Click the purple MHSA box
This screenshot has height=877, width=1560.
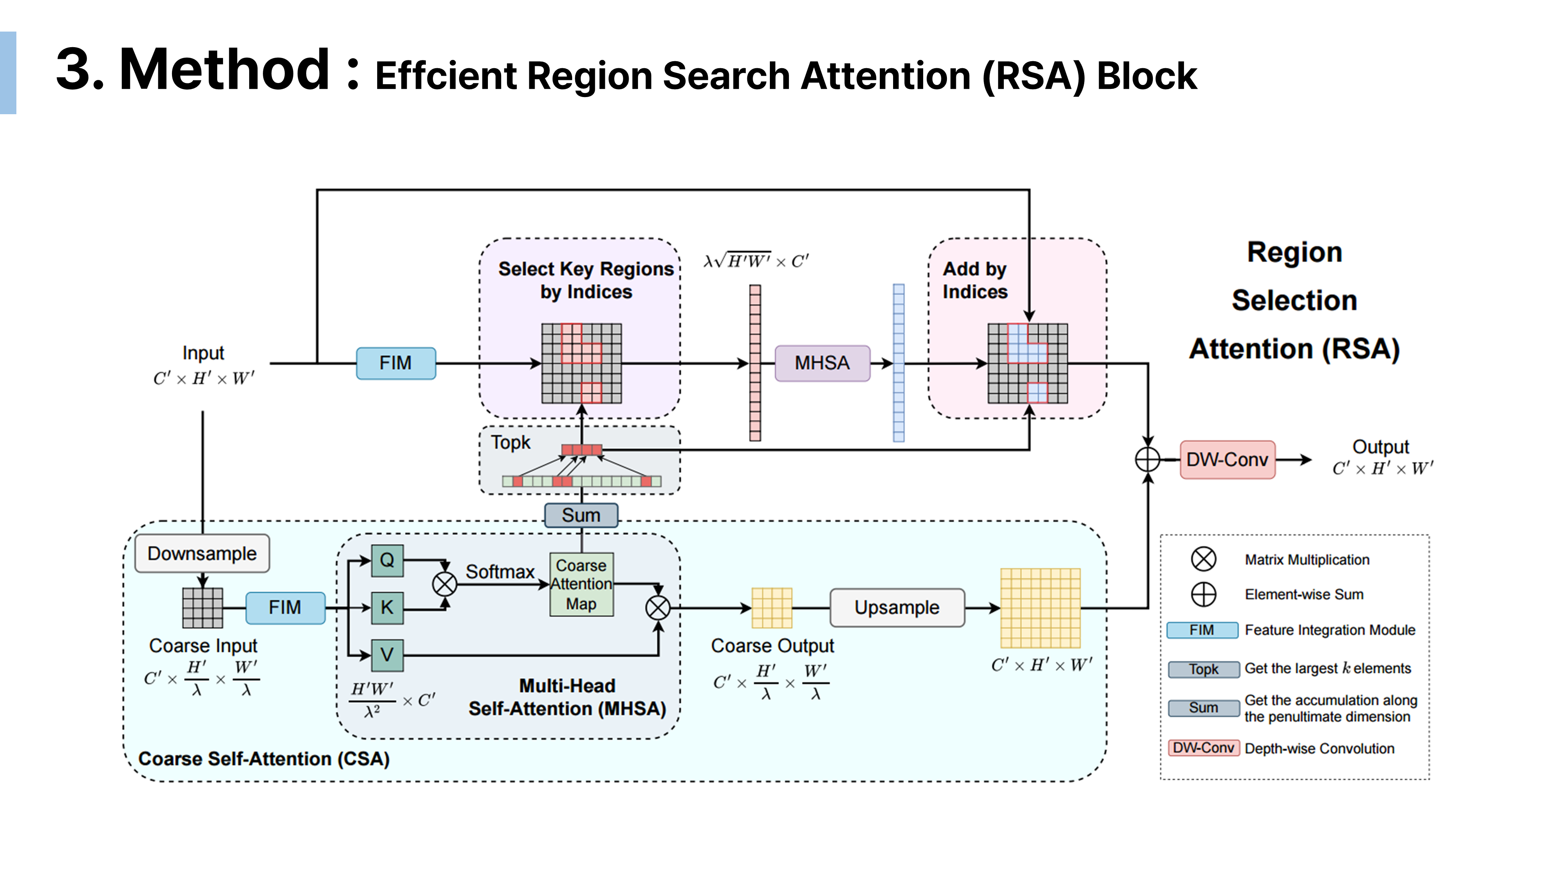(x=822, y=363)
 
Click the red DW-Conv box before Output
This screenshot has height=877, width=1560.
(x=1227, y=460)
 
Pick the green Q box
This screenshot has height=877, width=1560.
(x=387, y=560)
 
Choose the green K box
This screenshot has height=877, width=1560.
(x=387, y=607)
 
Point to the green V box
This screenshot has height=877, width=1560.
(x=387, y=655)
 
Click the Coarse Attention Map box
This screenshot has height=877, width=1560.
(x=581, y=585)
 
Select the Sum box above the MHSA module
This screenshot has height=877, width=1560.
(x=581, y=515)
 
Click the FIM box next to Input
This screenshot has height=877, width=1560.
(x=395, y=363)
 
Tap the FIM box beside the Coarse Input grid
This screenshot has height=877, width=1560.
(x=285, y=607)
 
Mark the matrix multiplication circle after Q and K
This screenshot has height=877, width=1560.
(x=445, y=584)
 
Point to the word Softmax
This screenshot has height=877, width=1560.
(x=500, y=571)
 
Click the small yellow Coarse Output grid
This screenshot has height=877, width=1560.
(x=771, y=608)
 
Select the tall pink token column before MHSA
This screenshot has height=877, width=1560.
(x=755, y=363)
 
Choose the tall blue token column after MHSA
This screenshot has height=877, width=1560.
(x=899, y=363)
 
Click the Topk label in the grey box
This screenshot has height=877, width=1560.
(x=511, y=442)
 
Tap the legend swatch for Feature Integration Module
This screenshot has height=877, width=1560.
(x=1202, y=630)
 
